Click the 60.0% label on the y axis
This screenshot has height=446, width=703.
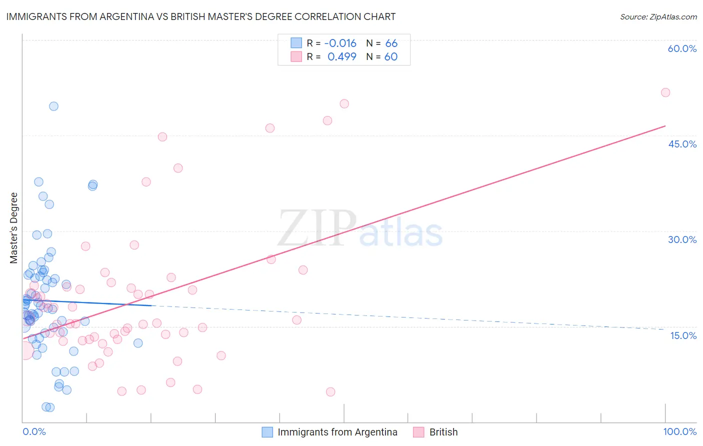pyautogui.click(x=682, y=48)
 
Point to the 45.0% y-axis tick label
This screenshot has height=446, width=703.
pyautogui.click(x=682, y=144)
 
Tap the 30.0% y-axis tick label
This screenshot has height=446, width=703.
pyautogui.click(x=682, y=239)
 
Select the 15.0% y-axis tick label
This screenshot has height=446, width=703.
pyautogui.click(x=683, y=335)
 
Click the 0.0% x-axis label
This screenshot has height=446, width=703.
pyautogui.click(x=34, y=431)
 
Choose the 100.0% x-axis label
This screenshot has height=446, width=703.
pyautogui.click(x=679, y=431)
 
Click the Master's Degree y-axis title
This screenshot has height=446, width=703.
pyautogui.click(x=14, y=228)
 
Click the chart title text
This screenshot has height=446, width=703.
pyautogui.click(x=201, y=16)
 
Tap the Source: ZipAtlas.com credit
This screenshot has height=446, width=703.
pyautogui.click(x=658, y=16)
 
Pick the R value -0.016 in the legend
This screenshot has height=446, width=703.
pyautogui.click(x=340, y=43)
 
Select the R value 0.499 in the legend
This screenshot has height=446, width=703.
pyautogui.click(x=341, y=56)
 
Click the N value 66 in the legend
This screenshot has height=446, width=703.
pyautogui.click(x=391, y=43)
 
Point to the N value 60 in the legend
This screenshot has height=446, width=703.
pyautogui.click(x=390, y=56)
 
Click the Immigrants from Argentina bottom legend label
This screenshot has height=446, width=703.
pyautogui.click(x=337, y=432)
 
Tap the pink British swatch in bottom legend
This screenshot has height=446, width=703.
pyautogui.click(x=418, y=432)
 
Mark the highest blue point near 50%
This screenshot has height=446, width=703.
pyautogui.click(x=53, y=106)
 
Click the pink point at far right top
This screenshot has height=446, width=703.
pyautogui.click(x=665, y=92)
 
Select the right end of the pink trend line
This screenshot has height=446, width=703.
pyautogui.click(x=665, y=126)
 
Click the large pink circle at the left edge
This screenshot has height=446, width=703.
pyautogui.click(x=25, y=351)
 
